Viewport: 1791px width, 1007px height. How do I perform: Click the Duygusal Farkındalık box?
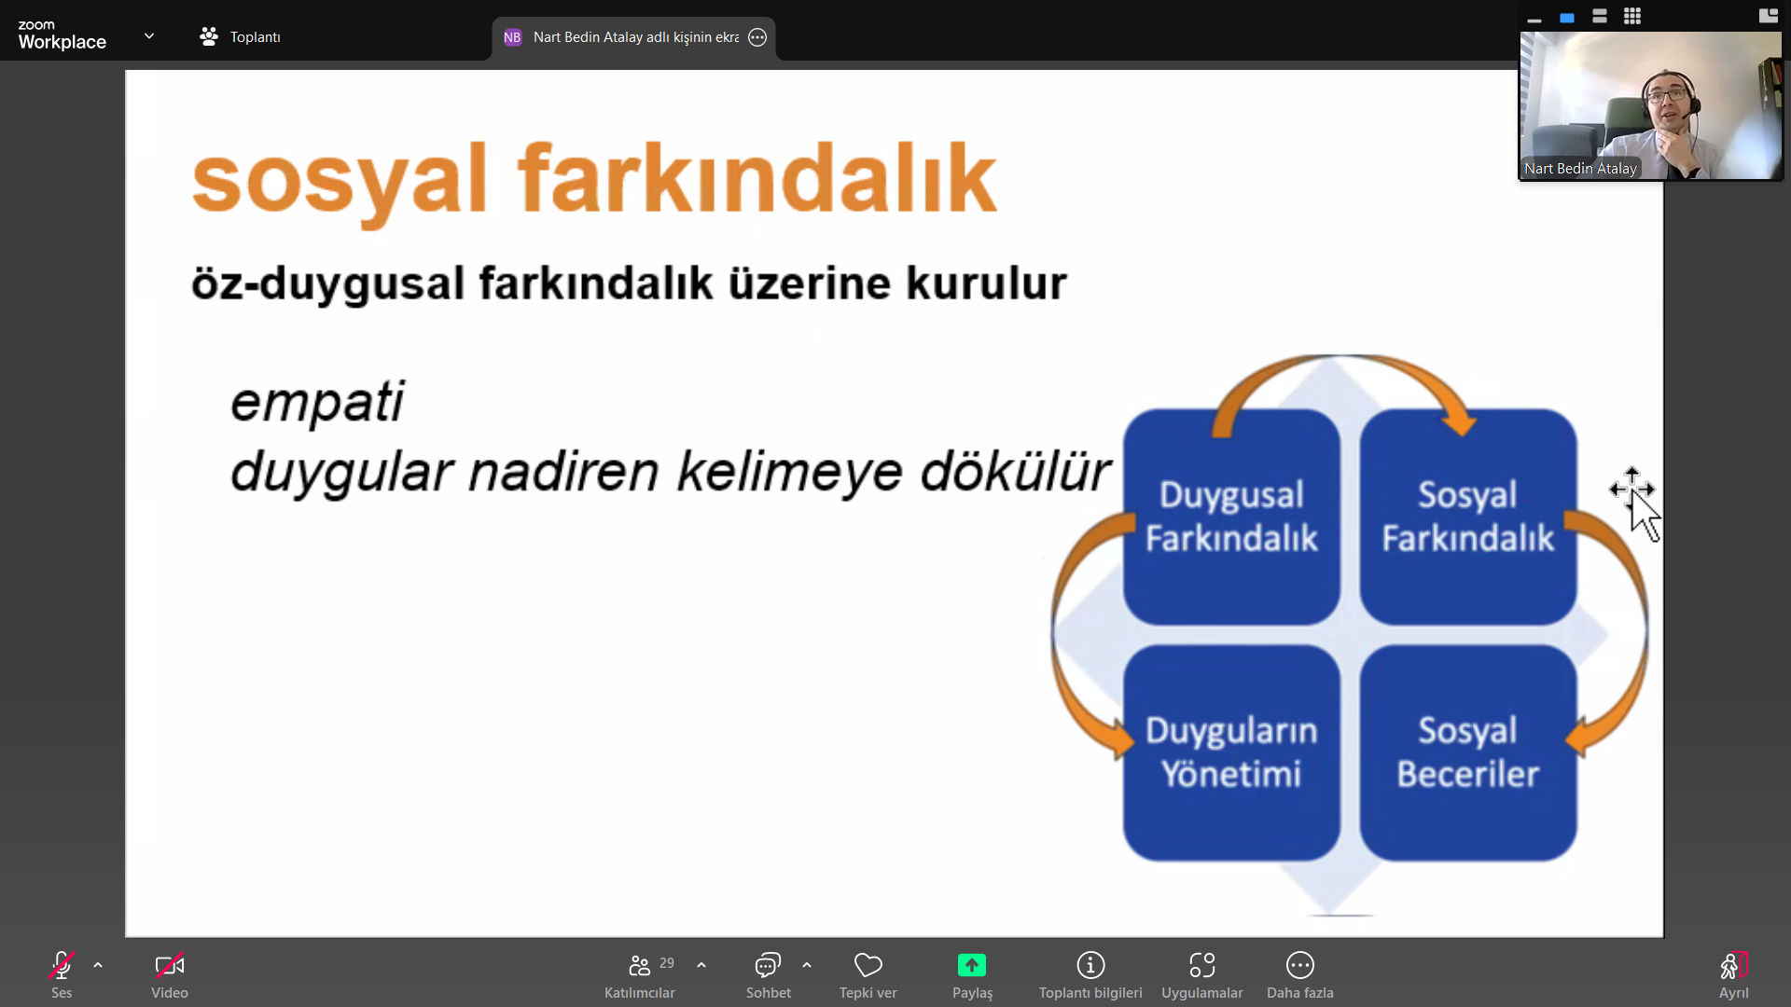[x=1231, y=517]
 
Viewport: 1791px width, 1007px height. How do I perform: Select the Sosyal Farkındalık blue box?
[x=1468, y=517]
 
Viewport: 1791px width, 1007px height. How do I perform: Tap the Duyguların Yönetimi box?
[x=1231, y=752]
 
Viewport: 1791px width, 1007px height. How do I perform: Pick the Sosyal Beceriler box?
[x=1468, y=752]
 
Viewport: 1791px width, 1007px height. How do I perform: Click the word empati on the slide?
[x=317, y=403]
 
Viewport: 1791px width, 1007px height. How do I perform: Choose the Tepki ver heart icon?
[x=868, y=965]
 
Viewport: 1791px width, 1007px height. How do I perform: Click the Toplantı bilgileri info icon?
[x=1090, y=965]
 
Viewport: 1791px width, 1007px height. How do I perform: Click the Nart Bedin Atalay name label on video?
[x=1580, y=169]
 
